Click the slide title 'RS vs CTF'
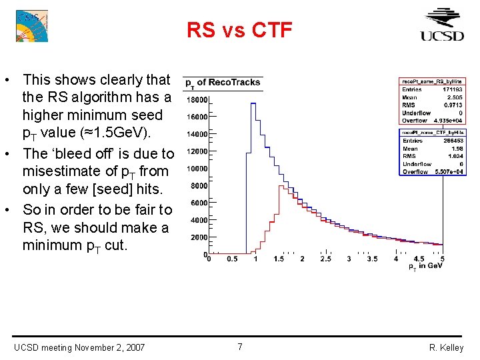239,30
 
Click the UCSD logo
441,25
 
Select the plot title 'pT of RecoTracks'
223,83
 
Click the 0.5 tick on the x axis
232,259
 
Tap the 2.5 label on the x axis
325,259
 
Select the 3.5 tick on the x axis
372,259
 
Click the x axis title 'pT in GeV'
425,267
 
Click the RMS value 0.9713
453,105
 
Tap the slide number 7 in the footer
240,347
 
